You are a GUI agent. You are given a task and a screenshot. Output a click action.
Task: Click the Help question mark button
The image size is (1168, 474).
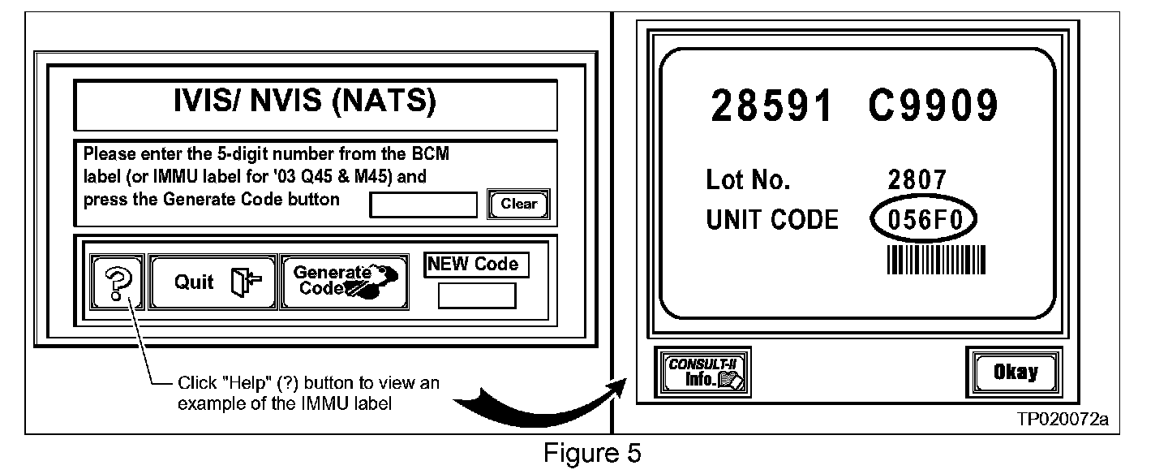118,282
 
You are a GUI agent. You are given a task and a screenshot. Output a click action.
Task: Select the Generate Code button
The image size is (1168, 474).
344,282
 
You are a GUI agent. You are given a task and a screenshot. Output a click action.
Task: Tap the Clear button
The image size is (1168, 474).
518,205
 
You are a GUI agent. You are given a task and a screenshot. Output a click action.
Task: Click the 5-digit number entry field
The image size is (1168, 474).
423,205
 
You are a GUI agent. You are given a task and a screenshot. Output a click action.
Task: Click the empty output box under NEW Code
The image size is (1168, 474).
477,295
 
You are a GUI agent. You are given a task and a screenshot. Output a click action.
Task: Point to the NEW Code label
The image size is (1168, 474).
476,265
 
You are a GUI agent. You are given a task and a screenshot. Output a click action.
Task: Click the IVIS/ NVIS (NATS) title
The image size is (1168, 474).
316,103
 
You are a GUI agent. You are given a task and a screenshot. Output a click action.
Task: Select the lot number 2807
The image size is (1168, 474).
917,180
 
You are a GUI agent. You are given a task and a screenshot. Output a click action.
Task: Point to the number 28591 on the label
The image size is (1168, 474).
771,106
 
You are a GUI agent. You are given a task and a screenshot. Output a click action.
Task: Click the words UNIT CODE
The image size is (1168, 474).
771,220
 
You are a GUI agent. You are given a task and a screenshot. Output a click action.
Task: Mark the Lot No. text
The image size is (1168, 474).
747,180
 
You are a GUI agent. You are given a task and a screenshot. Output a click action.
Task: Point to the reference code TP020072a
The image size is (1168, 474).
1063,420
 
